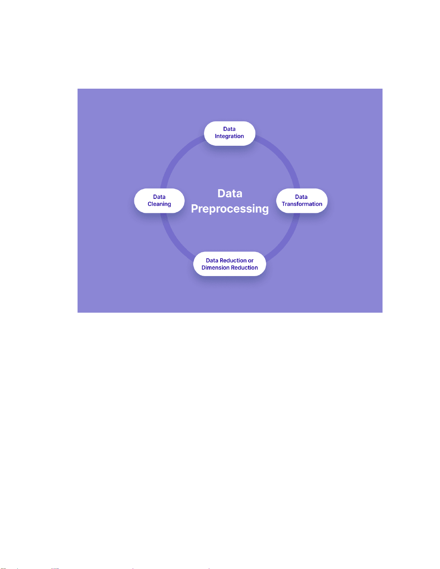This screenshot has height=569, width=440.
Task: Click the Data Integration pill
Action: [x=230, y=133]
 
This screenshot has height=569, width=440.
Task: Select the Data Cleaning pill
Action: [x=159, y=201]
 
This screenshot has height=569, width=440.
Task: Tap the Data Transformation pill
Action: [x=302, y=201]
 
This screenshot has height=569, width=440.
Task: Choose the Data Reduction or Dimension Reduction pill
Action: [x=230, y=264]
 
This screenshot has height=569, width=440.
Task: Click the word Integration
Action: [x=229, y=136]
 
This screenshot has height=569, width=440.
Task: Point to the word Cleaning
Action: [x=159, y=204]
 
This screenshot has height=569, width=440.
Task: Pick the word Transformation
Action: [x=302, y=204]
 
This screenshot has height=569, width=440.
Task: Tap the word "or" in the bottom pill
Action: [x=251, y=261]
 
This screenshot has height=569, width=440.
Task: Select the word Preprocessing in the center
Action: [x=230, y=209]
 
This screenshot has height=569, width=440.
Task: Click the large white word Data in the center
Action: [x=230, y=193]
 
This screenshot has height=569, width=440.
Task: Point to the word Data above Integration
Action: [x=229, y=129]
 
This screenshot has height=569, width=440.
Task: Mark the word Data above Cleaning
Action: [x=159, y=197]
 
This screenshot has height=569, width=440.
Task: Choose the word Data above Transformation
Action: [x=301, y=197]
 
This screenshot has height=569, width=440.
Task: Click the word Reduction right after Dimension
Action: [x=244, y=268]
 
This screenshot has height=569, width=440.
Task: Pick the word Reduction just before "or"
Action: [x=233, y=261]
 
